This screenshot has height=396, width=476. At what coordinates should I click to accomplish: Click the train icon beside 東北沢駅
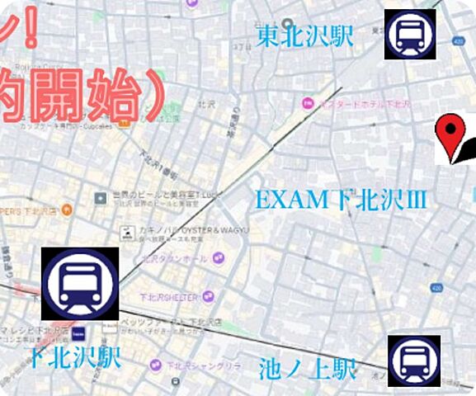point(410,35)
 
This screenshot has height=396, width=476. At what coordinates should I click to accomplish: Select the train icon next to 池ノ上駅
point(414,361)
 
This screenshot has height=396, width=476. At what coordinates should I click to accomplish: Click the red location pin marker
point(450,135)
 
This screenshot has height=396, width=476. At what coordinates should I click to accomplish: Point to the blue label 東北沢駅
point(304,35)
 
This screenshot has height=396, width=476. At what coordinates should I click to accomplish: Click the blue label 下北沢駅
point(74,357)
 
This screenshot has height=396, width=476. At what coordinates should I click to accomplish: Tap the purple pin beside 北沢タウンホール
point(219,257)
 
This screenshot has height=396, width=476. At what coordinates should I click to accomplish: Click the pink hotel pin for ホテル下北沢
point(308,103)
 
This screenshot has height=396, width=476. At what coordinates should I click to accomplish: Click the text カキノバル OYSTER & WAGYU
point(186,231)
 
